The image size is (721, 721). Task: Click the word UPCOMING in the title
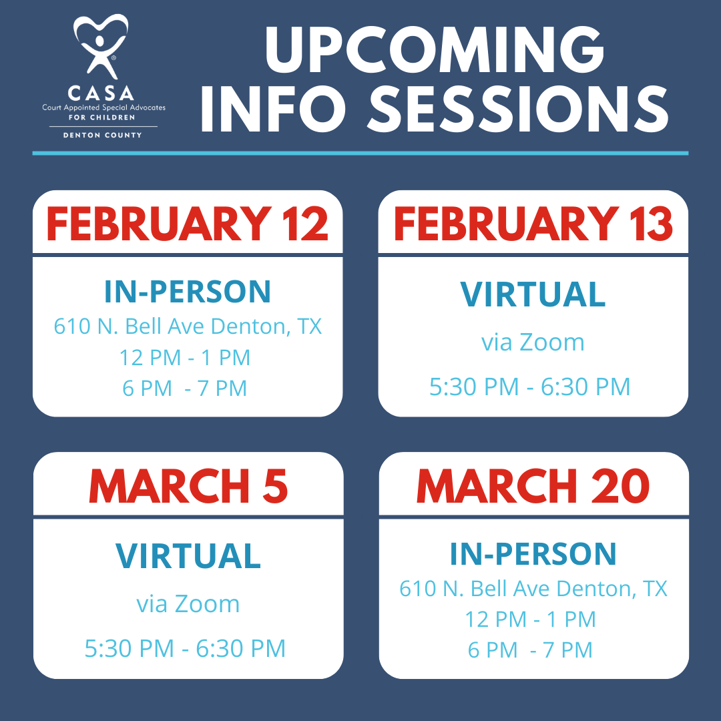[435, 49]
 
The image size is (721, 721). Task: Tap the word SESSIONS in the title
[518, 109]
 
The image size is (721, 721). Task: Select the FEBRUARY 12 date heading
[187, 224]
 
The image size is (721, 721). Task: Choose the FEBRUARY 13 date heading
[533, 224]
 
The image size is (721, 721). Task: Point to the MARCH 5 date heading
[188, 486]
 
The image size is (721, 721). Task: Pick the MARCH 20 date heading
[533, 486]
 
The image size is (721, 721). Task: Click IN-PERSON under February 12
[188, 292]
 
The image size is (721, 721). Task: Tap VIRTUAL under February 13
[533, 294]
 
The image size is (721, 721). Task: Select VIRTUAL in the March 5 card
[188, 555]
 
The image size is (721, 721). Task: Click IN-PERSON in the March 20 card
[533, 553]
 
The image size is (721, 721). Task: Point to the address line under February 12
[188, 326]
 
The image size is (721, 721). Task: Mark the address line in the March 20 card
[533, 589]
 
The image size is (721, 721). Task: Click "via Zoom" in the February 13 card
[533, 342]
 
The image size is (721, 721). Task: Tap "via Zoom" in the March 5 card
[188, 604]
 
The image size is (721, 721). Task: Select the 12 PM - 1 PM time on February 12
[185, 357]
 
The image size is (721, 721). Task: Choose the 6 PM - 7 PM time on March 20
[530, 650]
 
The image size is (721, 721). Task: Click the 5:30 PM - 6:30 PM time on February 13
[529, 387]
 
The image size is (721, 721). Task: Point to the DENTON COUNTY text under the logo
[103, 135]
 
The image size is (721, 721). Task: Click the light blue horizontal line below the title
[360, 153]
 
